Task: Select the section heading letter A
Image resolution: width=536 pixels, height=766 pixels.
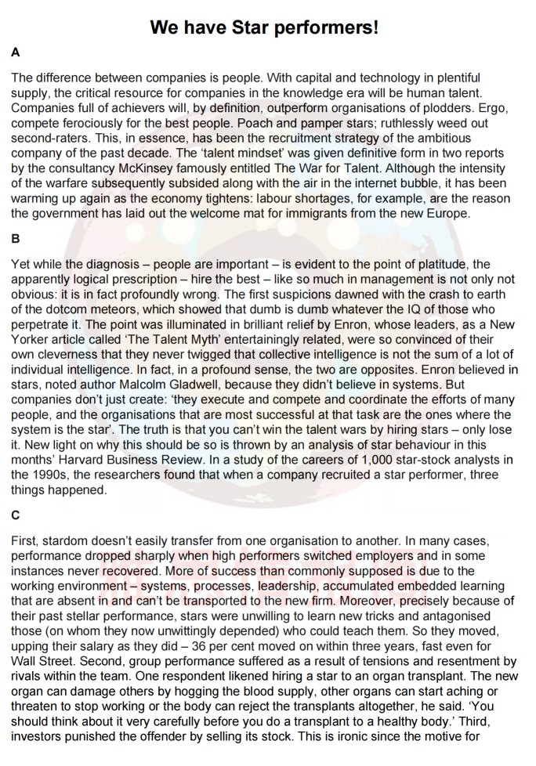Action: click(16, 53)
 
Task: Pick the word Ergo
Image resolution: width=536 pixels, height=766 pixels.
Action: click(459, 107)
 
